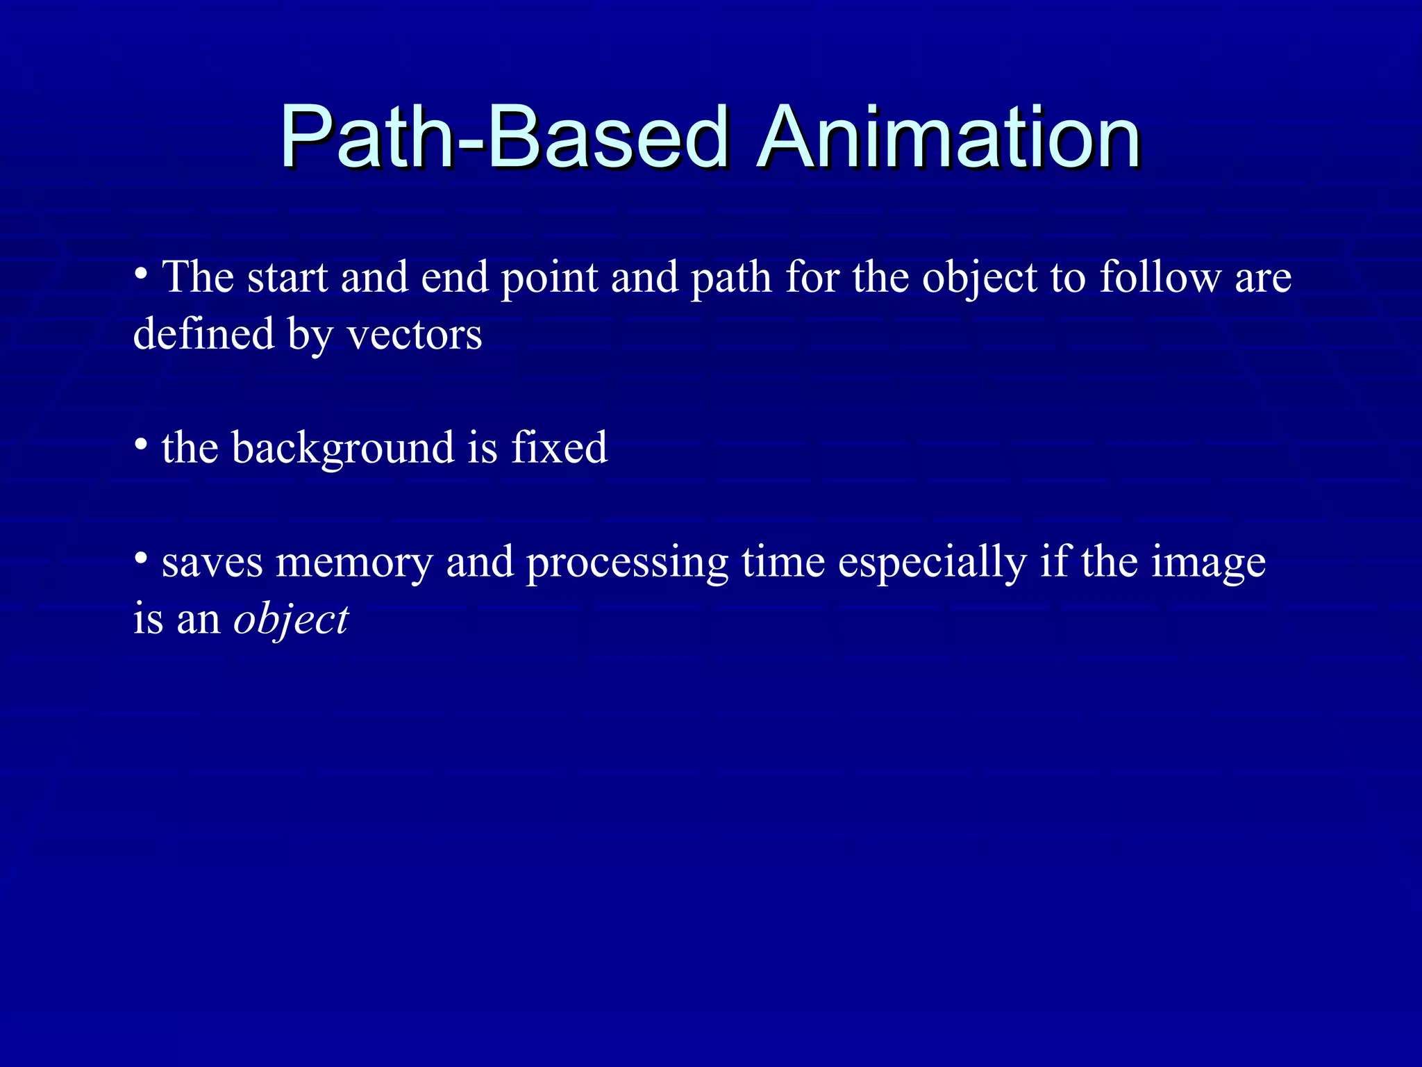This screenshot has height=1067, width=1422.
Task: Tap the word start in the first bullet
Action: [x=287, y=277]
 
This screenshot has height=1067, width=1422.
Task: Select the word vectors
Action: [x=414, y=335]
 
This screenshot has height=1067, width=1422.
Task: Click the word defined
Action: [x=203, y=335]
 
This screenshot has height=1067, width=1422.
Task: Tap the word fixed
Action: [x=559, y=448]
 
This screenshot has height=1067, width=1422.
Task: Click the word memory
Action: [x=354, y=562]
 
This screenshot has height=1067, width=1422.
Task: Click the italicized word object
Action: [x=291, y=620]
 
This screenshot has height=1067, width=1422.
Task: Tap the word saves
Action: [x=212, y=563]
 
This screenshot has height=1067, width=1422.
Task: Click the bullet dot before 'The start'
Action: [x=141, y=273]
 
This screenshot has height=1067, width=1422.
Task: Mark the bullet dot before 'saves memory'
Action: [x=141, y=557]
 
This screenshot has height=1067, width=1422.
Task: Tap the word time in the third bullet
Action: [x=783, y=562]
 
